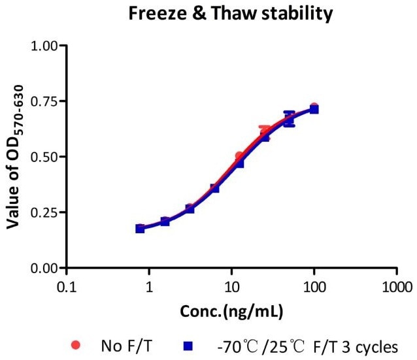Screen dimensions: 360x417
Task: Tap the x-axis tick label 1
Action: click(x=149, y=286)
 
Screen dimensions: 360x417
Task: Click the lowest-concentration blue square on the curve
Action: click(x=140, y=229)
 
